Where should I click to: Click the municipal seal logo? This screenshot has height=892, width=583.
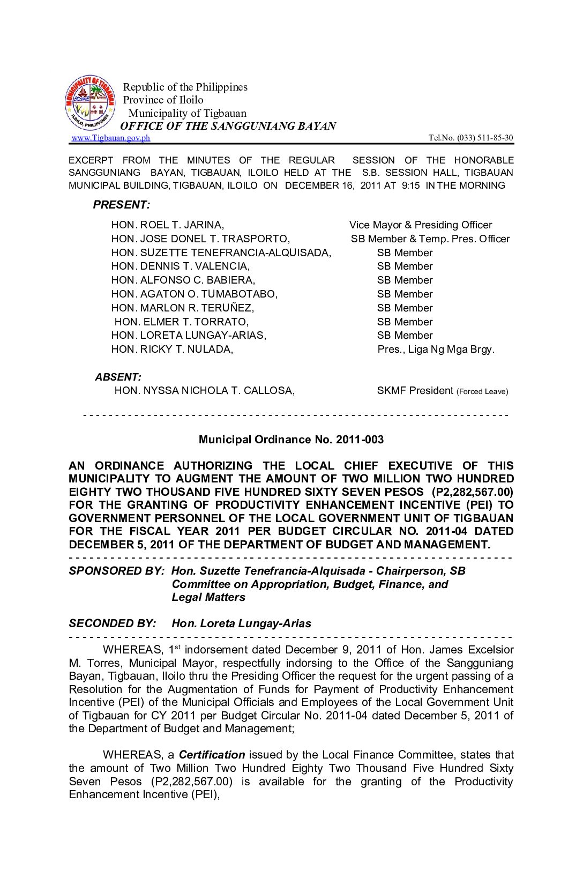click(x=89, y=102)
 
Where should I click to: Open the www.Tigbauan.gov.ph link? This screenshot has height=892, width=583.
click(x=111, y=138)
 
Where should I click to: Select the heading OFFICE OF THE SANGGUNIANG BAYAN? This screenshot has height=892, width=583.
click(x=228, y=126)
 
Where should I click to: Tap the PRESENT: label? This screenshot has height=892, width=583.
click(x=122, y=205)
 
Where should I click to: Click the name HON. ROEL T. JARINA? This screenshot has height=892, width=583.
click(x=168, y=225)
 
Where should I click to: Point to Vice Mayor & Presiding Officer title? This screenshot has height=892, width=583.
click(x=421, y=225)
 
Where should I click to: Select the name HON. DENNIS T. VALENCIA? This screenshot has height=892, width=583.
click(x=181, y=266)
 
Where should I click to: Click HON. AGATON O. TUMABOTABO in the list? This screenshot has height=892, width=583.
click(x=195, y=294)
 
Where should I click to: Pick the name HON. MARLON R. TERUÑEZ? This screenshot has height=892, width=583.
click(x=183, y=308)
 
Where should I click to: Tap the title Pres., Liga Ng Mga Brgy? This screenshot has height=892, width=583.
click(x=436, y=350)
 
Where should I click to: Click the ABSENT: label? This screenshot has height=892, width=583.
click(x=118, y=377)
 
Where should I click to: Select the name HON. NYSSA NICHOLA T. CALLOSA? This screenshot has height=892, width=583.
click(x=204, y=391)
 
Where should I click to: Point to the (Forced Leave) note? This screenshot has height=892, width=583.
click(x=482, y=391)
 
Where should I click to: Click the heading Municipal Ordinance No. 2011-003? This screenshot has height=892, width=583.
click(x=291, y=440)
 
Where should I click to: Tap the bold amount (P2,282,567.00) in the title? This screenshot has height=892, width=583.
click(x=472, y=492)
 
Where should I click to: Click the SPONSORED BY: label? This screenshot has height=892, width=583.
click(x=116, y=571)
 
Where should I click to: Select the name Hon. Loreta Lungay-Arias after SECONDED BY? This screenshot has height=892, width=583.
click(x=241, y=623)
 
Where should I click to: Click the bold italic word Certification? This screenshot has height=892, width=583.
click(x=212, y=755)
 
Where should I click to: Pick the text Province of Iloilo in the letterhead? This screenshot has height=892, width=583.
click(x=163, y=100)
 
